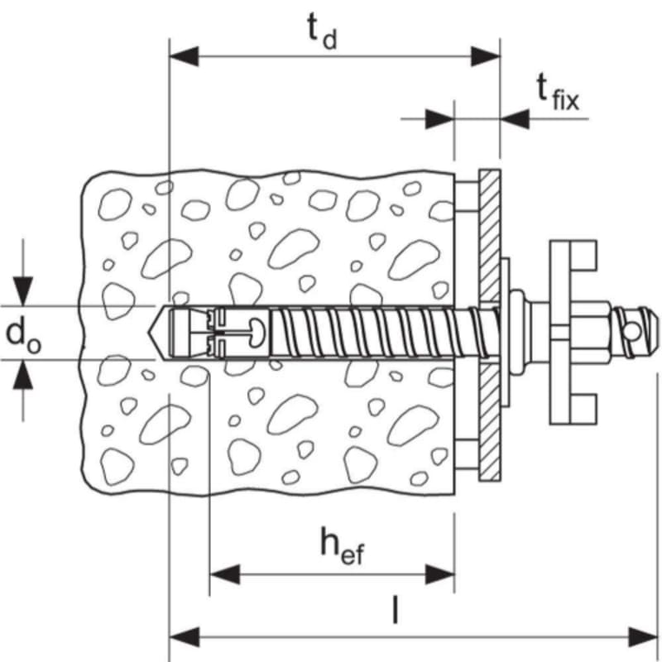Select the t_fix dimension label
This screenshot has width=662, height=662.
tap(557, 92)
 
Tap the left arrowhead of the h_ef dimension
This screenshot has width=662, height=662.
tap(224, 574)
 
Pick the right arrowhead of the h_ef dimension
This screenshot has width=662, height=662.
tap(439, 574)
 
